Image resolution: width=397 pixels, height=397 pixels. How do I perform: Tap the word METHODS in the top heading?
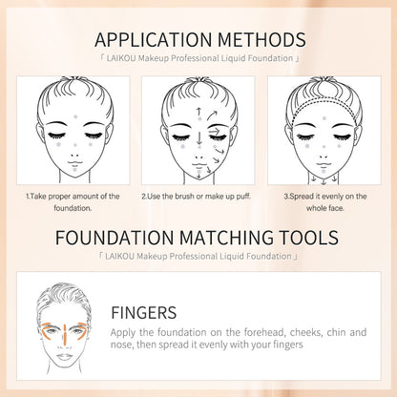(259, 40)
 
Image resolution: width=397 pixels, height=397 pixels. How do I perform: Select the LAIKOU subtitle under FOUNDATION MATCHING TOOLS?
(198, 256)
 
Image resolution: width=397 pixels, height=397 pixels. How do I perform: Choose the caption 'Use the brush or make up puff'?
(198, 197)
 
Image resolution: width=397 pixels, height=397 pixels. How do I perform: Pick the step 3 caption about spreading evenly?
(324, 202)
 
